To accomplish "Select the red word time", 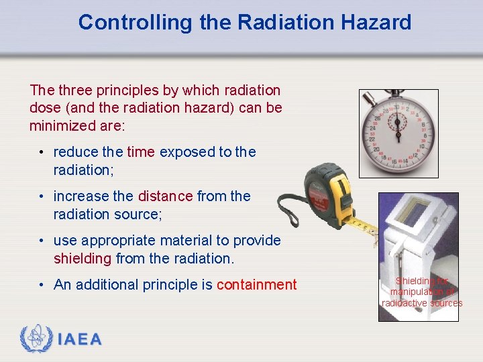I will (x=141, y=152).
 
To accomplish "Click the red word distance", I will (x=165, y=196).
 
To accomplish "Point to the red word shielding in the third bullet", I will (x=83, y=258).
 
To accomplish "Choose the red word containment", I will (x=256, y=285).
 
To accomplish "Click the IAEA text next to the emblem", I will (x=80, y=340).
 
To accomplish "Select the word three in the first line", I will (x=75, y=90).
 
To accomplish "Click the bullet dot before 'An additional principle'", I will (x=42, y=285).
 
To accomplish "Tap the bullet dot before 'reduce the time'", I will (x=42, y=152).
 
